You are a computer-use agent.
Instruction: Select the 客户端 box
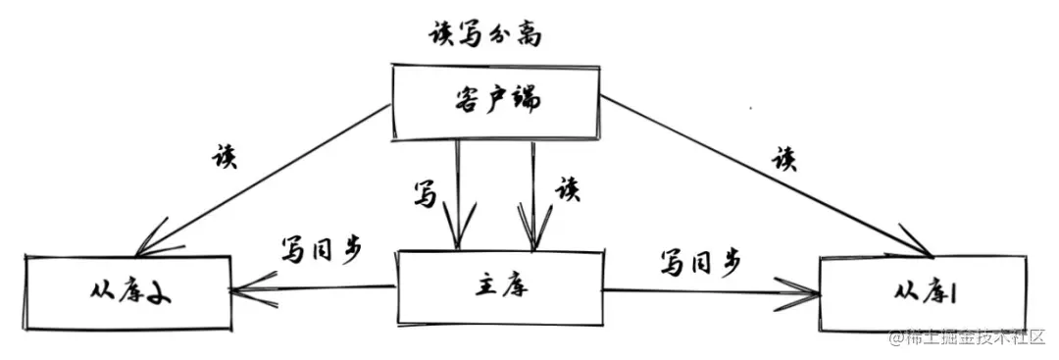tap(497, 102)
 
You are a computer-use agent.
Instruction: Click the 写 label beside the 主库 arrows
tap(425, 193)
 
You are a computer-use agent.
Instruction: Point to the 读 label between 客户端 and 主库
tap(567, 188)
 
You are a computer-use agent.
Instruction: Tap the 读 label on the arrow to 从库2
tap(225, 157)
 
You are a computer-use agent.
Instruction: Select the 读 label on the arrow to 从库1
tap(783, 159)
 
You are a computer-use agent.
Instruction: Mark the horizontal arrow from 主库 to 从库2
tap(314, 288)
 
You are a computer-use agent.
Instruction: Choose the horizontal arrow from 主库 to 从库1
tap(706, 290)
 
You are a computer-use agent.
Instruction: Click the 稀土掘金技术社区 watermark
tap(971, 338)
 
